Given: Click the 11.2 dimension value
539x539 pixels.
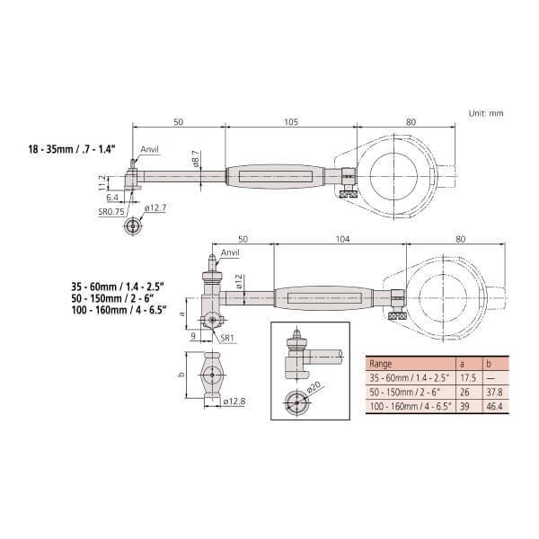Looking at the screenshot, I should pyautogui.click(x=102, y=183).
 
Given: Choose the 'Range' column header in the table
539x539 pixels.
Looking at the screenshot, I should pyautogui.click(x=381, y=366).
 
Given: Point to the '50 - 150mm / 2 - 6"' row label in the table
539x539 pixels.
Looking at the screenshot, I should pyautogui.click(x=403, y=393).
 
